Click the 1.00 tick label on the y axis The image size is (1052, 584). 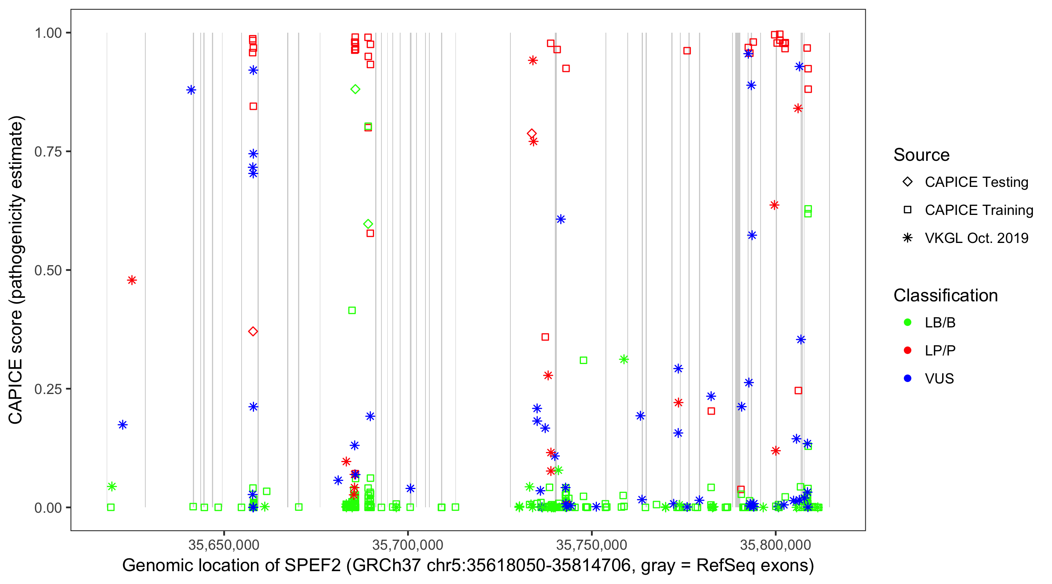coord(48,33)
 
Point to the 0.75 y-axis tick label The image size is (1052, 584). coord(48,152)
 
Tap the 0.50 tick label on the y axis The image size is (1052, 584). coord(48,271)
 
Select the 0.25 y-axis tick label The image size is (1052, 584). coord(48,389)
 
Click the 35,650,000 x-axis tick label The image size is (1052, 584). coord(224,545)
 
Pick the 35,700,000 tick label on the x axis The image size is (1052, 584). coord(408,545)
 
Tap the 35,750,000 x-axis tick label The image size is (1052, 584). coord(591,545)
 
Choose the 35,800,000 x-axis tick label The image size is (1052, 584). coord(775,545)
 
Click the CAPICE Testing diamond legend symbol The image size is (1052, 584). coord(907,182)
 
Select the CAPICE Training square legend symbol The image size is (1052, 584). coord(907,210)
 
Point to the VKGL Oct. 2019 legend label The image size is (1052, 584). coord(976,238)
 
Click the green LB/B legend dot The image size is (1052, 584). coord(907,322)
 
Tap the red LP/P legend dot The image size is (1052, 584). coord(907,350)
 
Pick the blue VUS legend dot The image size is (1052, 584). coord(907,378)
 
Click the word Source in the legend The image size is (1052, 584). coord(921,155)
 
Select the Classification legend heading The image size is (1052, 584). coord(945,296)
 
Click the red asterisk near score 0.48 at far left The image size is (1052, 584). coord(132,280)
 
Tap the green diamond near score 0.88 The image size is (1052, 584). coord(355,90)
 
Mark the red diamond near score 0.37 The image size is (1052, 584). coord(253,331)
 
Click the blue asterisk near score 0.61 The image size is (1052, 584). coord(561,220)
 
